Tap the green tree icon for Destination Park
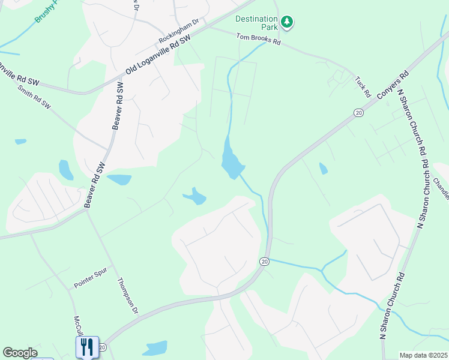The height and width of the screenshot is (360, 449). point(288,22)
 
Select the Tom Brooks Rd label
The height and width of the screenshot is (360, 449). point(258,39)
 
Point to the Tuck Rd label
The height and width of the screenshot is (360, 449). point(362,86)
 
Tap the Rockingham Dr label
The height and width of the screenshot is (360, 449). point(178,31)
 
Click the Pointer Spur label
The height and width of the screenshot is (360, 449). point(90,278)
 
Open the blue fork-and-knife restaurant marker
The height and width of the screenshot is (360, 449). point(87,346)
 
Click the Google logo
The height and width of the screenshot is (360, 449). point(20,353)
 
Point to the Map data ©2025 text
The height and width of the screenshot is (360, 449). point(423,355)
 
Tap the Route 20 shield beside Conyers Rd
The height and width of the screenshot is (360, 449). point(358,112)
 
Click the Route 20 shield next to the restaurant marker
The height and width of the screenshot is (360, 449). point(103,347)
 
